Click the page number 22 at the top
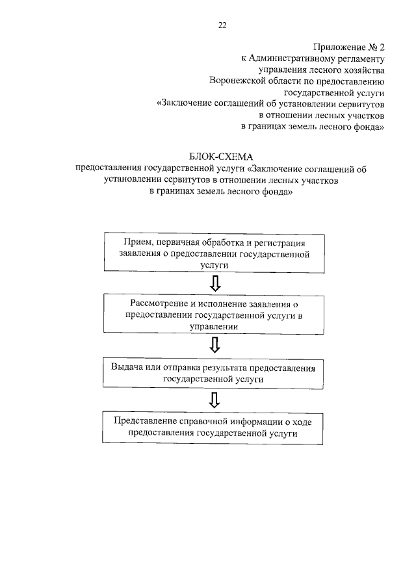(x=222, y=25)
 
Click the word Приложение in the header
(x=336, y=47)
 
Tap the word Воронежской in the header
(x=243, y=81)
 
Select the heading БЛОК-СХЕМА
(x=221, y=157)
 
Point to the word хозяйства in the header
(x=358, y=70)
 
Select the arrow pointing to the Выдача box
(x=215, y=342)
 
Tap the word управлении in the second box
(x=214, y=327)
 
